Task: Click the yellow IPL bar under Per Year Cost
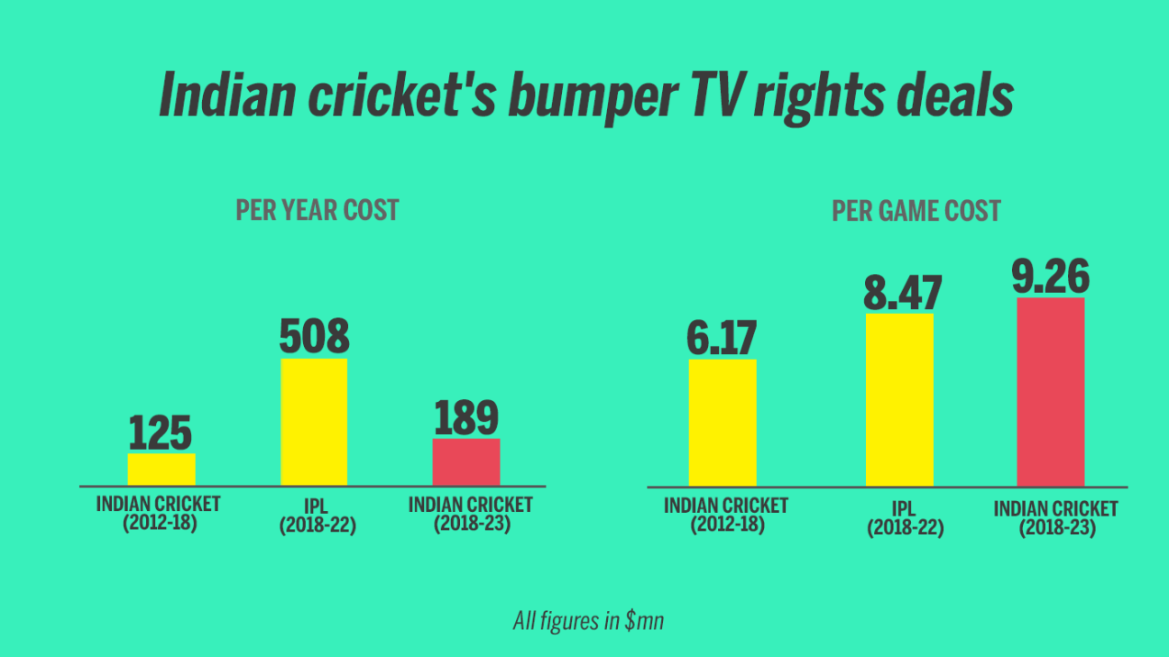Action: [314, 422]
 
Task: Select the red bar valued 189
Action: [466, 462]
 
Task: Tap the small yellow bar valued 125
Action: [161, 470]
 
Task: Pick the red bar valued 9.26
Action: [1051, 392]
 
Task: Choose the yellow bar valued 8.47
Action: [899, 399]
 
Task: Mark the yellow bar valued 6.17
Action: [723, 423]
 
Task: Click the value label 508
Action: [314, 336]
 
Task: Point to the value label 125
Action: [161, 433]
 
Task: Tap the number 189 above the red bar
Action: [466, 418]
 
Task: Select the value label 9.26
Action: [1051, 277]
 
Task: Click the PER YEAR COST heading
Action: [318, 211]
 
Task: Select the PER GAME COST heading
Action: [916, 212]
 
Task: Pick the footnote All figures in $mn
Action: [588, 621]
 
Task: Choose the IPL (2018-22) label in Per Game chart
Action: [906, 518]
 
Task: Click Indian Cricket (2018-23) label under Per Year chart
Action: [471, 514]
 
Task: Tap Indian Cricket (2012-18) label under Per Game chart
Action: [726, 516]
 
